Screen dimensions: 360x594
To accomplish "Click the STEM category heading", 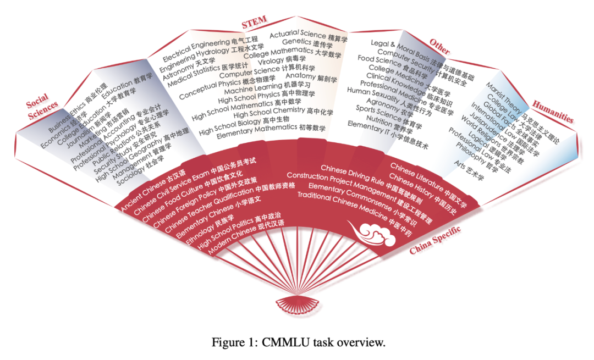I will coord(254,22).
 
